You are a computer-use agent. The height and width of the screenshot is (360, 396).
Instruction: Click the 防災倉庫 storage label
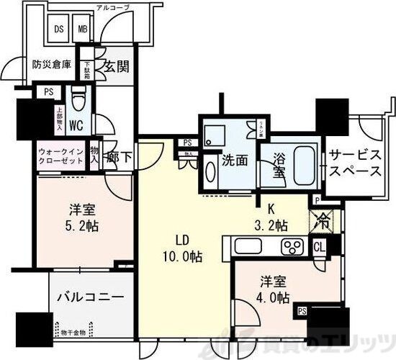pyautogui.click(x=52, y=63)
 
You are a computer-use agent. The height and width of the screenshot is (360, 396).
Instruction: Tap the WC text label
pyautogui.click(x=78, y=125)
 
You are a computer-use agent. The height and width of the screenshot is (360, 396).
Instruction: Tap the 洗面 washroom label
pyautogui.click(x=235, y=160)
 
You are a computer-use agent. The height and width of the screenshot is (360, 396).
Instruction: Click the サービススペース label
pyautogui.click(x=354, y=163)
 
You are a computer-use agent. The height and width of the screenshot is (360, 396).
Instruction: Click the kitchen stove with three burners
pyautogui.click(x=294, y=247)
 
